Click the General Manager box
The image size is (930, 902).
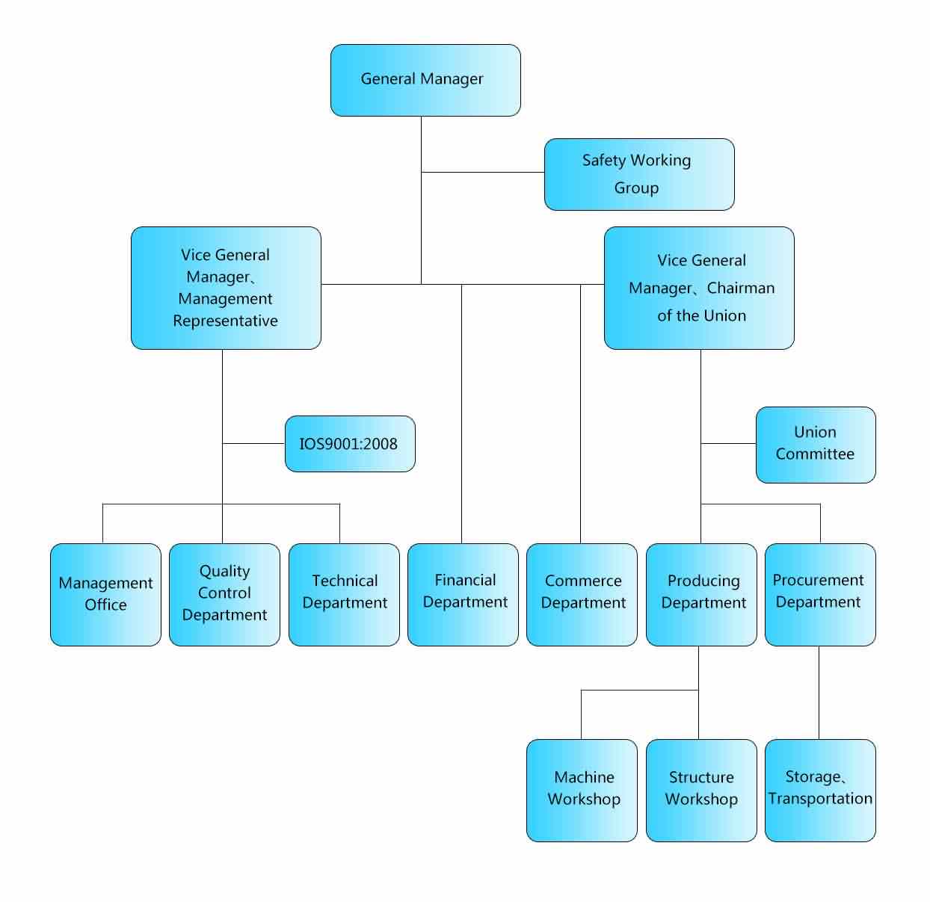[425, 80]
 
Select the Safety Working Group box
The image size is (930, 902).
[639, 174]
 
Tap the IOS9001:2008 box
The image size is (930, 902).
[350, 444]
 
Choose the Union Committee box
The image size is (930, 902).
[816, 445]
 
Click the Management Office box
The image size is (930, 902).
[105, 594]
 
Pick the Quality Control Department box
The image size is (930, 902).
[224, 594]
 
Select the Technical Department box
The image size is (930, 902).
[344, 594]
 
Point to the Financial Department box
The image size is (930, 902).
[463, 594]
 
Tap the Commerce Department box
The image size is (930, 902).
[582, 594]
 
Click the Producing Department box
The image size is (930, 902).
[701, 594]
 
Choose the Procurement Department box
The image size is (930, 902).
[820, 594]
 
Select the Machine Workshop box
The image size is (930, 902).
[582, 790]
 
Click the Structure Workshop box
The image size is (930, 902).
[701, 790]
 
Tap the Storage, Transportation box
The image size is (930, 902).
[820, 790]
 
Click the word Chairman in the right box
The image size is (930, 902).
[740, 288]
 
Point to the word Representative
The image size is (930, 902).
[225, 321]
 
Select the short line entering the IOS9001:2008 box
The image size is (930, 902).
[253, 443]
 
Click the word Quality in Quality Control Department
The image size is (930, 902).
[224, 572]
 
